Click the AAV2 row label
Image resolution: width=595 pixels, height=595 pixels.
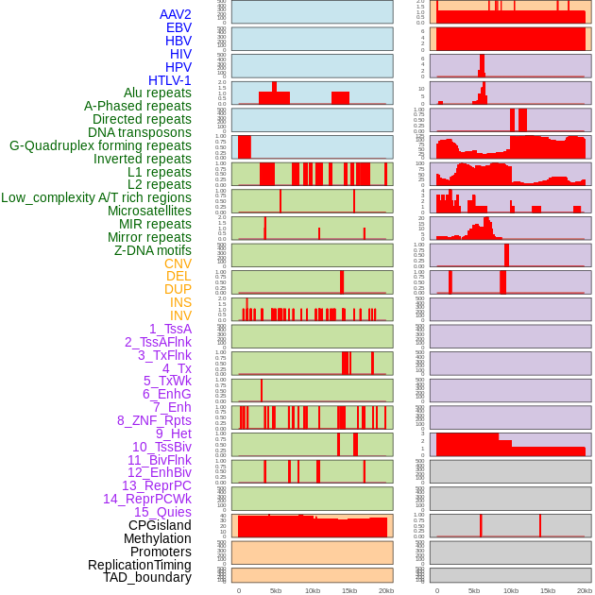pos(175,14)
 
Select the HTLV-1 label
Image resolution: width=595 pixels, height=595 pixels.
pos(169,80)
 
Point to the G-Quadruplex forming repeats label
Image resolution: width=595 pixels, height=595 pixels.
pos(100,145)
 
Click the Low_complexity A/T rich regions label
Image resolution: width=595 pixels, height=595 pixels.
pos(95,197)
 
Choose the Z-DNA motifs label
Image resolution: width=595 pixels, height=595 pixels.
pos(152,250)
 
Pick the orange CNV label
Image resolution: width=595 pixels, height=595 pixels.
pos(178,263)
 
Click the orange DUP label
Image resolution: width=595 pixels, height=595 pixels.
pos(178,289)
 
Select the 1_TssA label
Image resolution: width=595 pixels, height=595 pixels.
pos(170,329)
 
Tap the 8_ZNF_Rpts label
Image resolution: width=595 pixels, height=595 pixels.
pos(154,420)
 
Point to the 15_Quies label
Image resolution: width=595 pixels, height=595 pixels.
pos(161,512)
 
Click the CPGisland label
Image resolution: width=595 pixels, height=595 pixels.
pos(160,525)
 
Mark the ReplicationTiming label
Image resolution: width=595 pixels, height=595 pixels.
pos(139,565)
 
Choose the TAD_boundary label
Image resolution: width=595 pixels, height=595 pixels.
pos(146,577)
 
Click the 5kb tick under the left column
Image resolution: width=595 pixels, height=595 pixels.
pos(276,590)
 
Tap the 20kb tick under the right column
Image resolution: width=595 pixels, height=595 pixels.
pos(585,590)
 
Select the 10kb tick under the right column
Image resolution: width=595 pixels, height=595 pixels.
pos(511,590)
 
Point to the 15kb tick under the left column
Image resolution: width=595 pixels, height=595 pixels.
pos(349,590)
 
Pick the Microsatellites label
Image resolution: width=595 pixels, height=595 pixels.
pos(149,211)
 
